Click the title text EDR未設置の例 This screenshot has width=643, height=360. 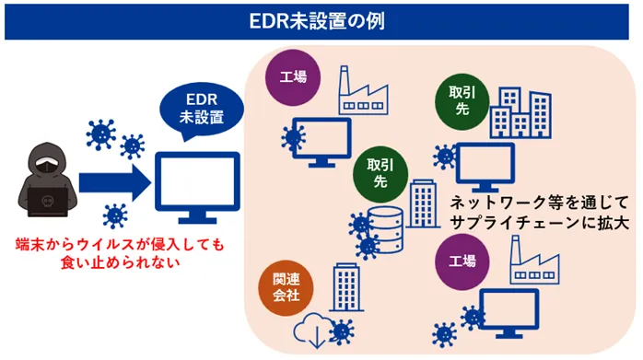tap(321, 19)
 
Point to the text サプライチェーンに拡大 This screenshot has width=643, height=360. tap(525, 224)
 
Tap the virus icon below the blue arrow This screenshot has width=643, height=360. tap(114, 216)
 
